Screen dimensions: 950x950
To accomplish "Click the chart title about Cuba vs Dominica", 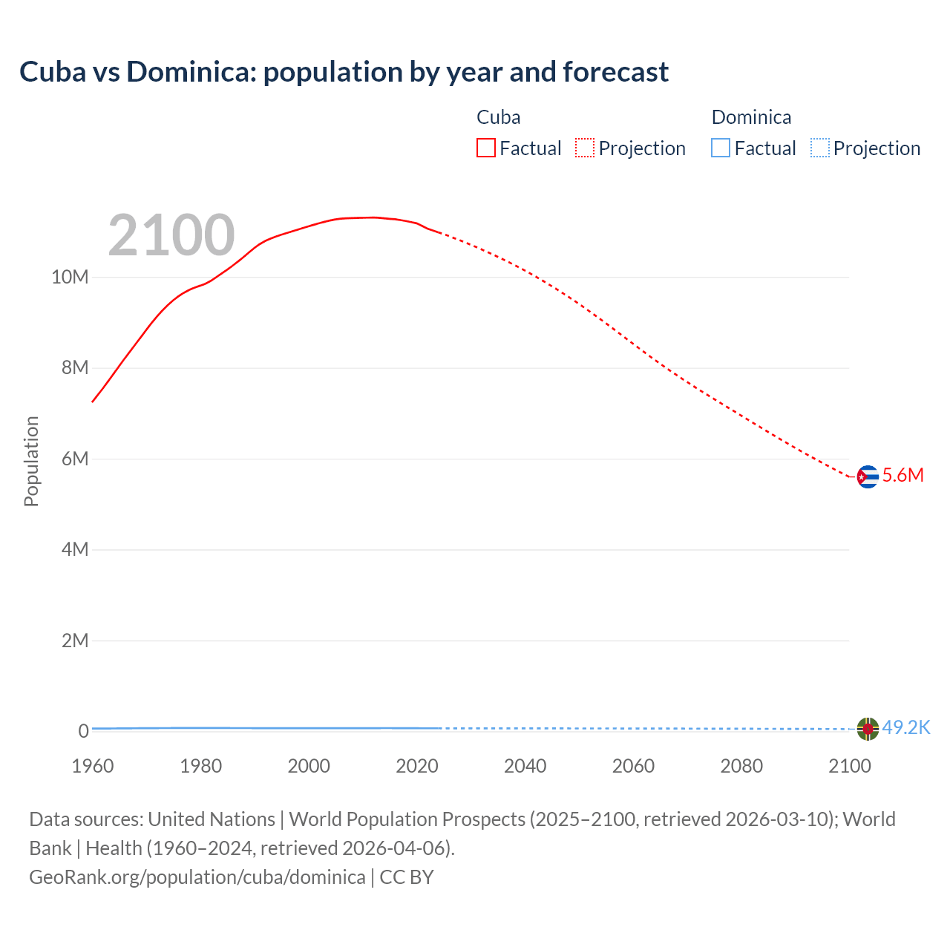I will (x=344, y=72).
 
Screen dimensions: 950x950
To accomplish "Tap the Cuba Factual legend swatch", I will (x=486, y=148).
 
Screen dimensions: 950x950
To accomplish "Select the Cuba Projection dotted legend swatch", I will (x=585, y=148).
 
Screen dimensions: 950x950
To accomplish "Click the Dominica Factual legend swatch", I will (x=721, y=148).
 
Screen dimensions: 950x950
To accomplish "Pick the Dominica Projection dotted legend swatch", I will (x=820, y=148).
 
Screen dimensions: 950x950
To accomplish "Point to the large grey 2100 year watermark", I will (x=171, y=235).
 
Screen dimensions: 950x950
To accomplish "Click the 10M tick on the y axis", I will (x=70, y=277).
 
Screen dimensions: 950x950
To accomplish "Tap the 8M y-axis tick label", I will (x=74, y=368).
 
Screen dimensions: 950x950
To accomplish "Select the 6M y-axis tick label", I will (x=74, y=459).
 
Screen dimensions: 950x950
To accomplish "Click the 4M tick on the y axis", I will (x=74, y=549).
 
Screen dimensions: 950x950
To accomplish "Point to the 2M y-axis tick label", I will (x=74, y=641).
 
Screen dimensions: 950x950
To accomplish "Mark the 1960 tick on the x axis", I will (x=93, y=766).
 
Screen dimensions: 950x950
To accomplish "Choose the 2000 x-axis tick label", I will (x=309, y=766).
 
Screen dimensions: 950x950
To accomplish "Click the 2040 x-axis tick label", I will (x=525, y=766).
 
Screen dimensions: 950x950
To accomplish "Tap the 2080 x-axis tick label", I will (x=741, y=766).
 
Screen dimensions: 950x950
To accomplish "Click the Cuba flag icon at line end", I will (x=867, y=476).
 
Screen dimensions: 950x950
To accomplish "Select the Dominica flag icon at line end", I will (x=867, y=729).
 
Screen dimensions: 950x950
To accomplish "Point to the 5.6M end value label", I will (x=902, y=476).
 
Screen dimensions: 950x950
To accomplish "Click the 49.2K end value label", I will (x=905, y=727).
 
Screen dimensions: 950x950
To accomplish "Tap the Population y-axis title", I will (x=31, y=461).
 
